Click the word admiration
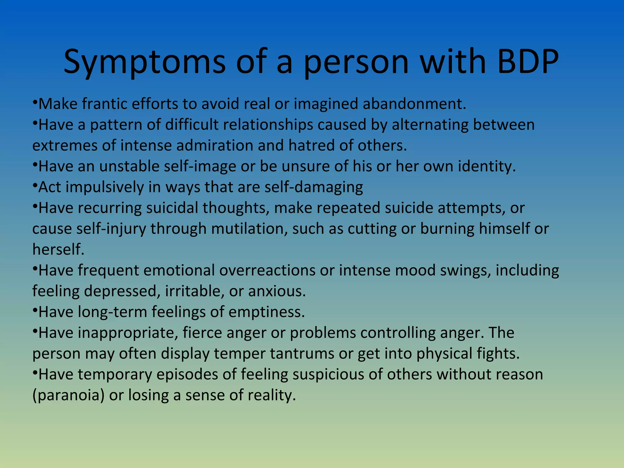click(214, 146)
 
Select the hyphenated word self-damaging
click(314, 187)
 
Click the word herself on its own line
click(58, 250)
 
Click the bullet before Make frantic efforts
click(35, 101)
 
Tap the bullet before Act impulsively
click(35, 184)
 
